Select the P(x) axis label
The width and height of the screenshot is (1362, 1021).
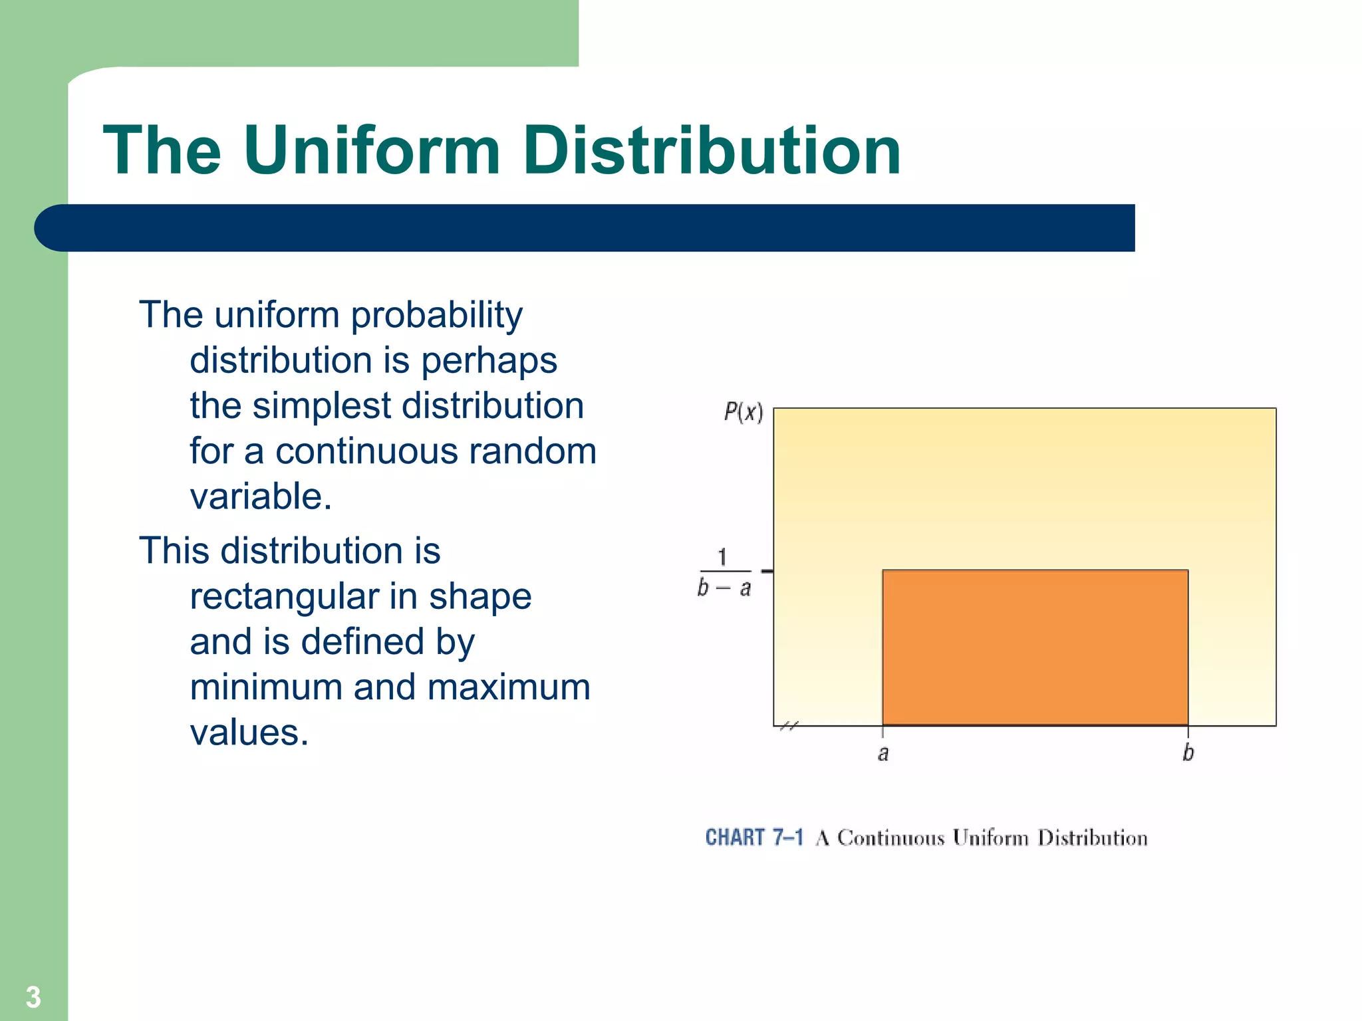pos(743,413)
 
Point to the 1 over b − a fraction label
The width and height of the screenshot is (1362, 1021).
pos(724,572)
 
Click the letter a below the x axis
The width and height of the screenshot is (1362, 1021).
pos(883,754)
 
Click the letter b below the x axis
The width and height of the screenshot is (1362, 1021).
pos(1188,753)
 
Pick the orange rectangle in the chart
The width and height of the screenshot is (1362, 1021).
pos(1035,647)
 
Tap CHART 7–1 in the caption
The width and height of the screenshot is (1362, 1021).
pos(754,838)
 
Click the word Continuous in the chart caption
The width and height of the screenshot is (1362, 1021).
pos(890,838)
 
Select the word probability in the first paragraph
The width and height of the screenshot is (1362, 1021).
pos(436,315)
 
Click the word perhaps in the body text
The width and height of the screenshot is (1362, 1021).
pos(489,361)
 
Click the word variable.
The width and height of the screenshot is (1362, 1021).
pos(261,497)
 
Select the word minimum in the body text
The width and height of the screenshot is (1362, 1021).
pos(266,687)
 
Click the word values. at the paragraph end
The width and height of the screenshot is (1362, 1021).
pos(249,733)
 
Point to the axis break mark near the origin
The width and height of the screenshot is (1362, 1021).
pos(788,726)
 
